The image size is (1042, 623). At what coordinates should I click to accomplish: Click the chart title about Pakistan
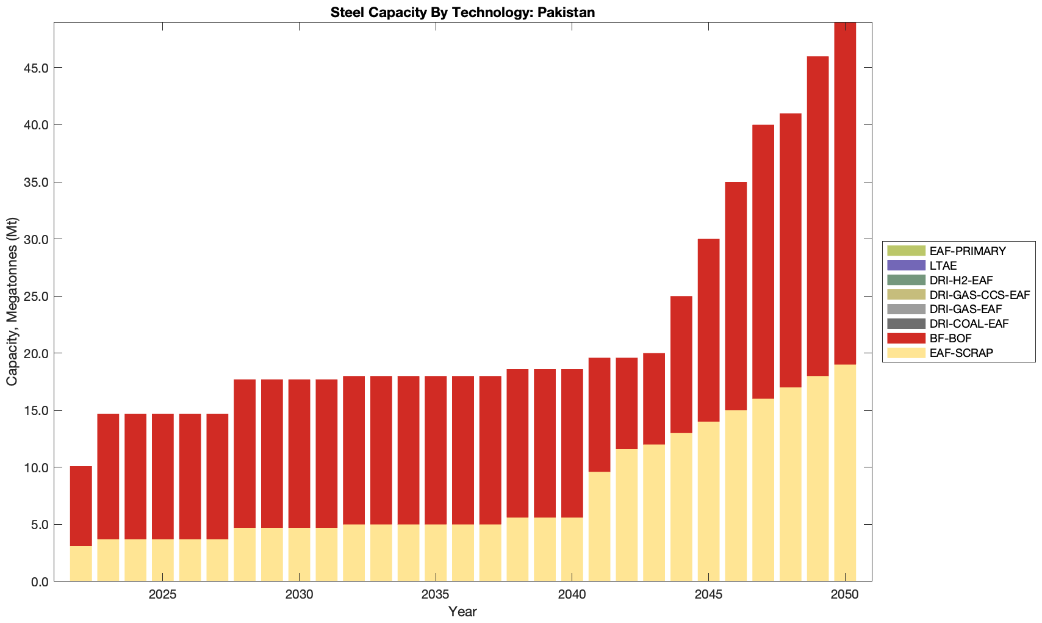pos(462,12)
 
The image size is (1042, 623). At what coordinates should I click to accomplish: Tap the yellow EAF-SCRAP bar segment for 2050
pos(845,473)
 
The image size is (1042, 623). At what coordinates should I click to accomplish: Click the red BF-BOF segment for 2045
pos(708,330)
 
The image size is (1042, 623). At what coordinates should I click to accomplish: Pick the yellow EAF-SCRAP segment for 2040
pos(572,549)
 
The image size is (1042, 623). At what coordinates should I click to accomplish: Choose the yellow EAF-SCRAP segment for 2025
pos(163,560)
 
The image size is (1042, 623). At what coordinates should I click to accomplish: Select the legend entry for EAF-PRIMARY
pos(968,251)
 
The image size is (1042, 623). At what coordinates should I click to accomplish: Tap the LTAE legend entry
pos(943,265)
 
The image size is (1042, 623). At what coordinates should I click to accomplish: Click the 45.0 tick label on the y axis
pos(36,68)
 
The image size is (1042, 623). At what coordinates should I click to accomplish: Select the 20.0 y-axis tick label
pos(36,353)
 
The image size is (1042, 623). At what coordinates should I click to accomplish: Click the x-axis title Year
pos(462,612)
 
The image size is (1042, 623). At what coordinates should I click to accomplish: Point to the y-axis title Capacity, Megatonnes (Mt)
pos(12,301)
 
